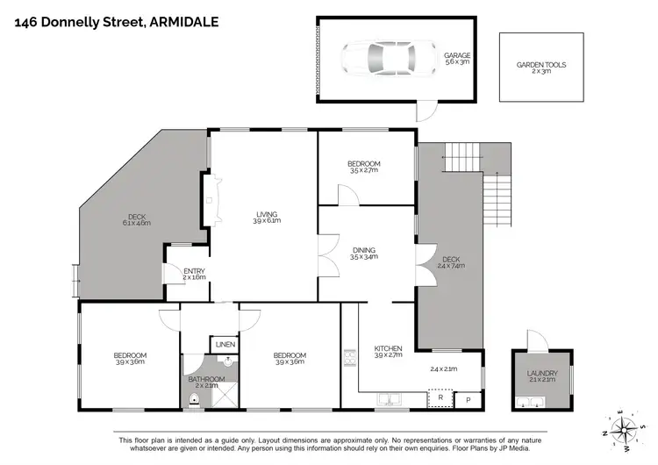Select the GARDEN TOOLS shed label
pos(540,65)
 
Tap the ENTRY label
pos(193,271)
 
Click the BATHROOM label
pos(207,379)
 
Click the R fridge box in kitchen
pos(439,398)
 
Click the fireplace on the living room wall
pos(209,199)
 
